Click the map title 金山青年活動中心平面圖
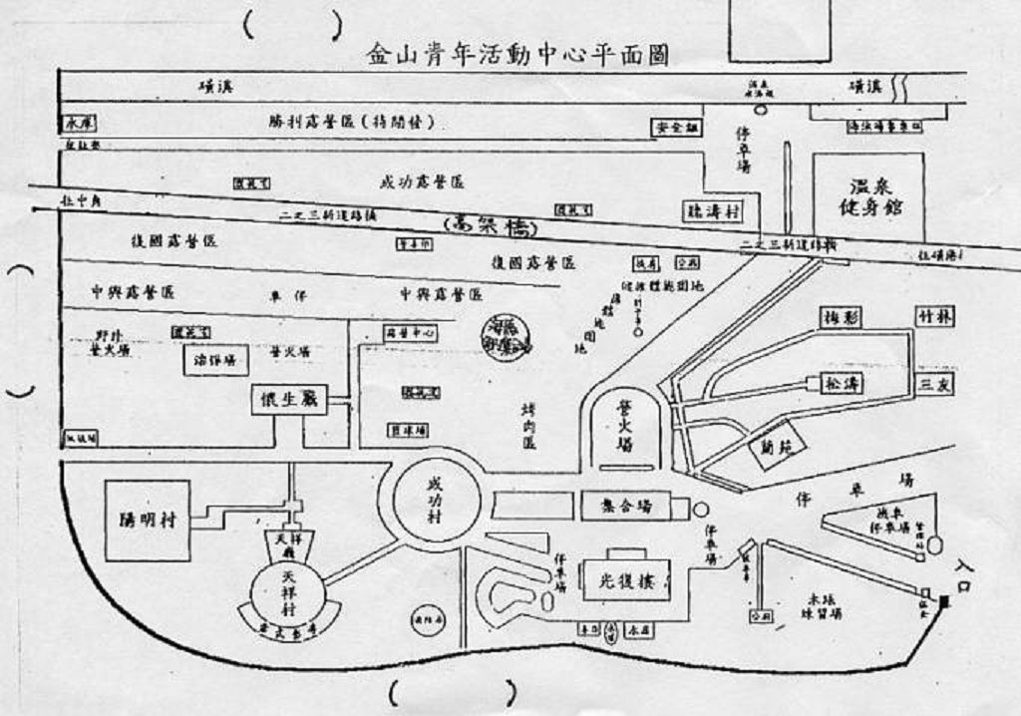click(x=515, y=54)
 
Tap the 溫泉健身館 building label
click(x=866, y=197)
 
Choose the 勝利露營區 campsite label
click(x=355, y=123)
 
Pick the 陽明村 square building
click(x=147, y=519)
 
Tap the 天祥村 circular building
click(x=288, y=589)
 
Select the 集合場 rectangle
click(x=632, y=507)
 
